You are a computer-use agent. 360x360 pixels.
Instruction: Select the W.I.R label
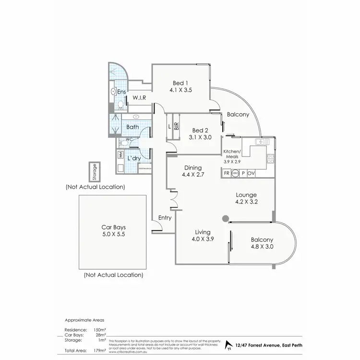coord(139,98)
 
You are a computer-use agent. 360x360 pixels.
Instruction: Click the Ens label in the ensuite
coord(121,91)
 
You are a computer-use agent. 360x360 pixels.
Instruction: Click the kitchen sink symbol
coord(260,142)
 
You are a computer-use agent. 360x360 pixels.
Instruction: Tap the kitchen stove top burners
coord(271,159)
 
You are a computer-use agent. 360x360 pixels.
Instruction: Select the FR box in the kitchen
coord(226,173)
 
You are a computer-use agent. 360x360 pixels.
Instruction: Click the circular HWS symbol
coord(235,173)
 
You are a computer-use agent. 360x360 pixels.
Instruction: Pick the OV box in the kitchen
coord(251,173)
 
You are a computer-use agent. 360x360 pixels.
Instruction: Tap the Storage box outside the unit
coord(95,171)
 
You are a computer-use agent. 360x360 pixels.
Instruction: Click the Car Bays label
coord(113,228)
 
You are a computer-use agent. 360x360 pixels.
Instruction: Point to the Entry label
coord(165,218)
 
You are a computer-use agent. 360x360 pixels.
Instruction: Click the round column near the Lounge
coord(225,219)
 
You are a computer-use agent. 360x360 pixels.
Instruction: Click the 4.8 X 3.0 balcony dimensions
coord(262,247)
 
